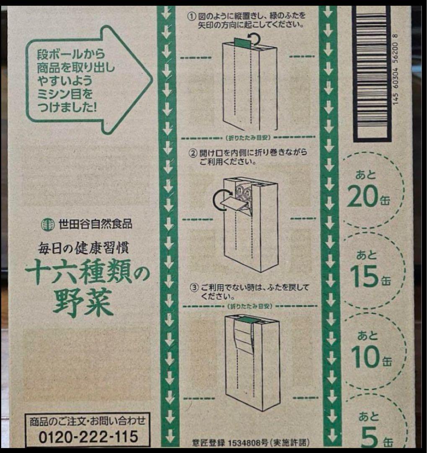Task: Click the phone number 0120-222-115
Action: point(88,436)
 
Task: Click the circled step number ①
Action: point(191,17)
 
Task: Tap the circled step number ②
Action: point(192,153)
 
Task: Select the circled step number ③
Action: point(193,288)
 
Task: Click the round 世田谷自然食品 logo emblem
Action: point(47,224)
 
